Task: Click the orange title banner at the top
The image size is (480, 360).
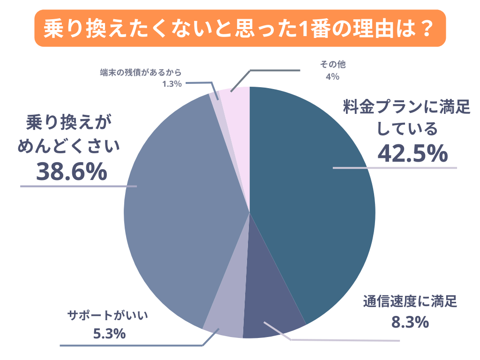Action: pos(240,29)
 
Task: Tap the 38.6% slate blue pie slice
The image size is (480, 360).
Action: pos(178,211)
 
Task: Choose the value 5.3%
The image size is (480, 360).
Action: pos(109,334)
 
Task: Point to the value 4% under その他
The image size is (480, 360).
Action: pos(332,77)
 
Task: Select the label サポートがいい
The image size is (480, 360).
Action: pos(108,315)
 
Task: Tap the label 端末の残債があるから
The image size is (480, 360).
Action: pos(140,73)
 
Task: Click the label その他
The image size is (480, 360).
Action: pos(332,64)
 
